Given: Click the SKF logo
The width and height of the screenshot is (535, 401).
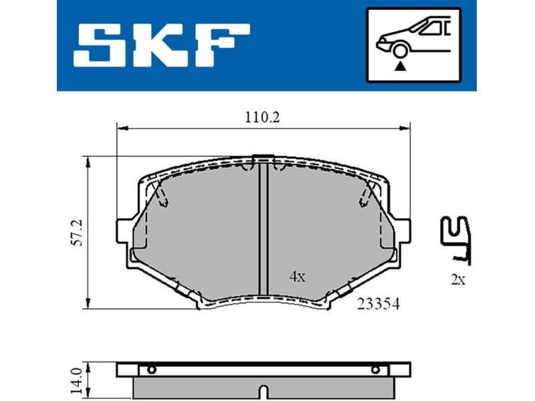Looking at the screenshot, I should (161, 45).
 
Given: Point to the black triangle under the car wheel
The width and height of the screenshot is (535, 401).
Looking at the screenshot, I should (401, 65).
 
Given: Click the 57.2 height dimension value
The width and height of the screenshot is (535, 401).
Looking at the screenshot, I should (78, 232).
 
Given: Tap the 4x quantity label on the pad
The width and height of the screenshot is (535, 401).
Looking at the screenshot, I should (297, 276).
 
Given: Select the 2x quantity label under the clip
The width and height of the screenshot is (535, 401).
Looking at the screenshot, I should (457, 280).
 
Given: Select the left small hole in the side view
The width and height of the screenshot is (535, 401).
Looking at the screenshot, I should (152, 370).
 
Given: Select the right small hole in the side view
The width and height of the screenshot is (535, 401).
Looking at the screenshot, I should (375, 370).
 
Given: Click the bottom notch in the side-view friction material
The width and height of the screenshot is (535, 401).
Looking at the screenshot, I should (263, 391).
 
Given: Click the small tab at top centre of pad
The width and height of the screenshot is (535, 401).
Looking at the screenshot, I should (263, 158).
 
